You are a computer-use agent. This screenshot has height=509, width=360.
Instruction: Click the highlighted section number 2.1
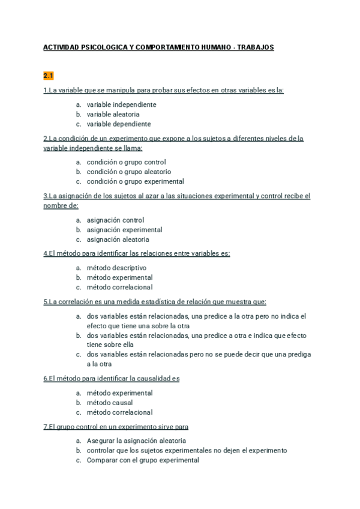pos(49,76)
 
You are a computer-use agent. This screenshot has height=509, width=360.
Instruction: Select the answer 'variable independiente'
pos(121,104)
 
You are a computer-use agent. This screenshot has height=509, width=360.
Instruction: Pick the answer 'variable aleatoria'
pos(113,114)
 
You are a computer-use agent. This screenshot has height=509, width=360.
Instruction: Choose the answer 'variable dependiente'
pos(119,124)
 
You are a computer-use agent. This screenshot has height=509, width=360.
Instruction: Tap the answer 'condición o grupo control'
pos(126,162)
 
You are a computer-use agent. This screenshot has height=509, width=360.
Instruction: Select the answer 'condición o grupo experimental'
pos(135,181)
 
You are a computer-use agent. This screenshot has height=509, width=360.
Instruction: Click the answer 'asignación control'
pos(115,220)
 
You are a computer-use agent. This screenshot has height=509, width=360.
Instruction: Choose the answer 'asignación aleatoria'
pos(118,239)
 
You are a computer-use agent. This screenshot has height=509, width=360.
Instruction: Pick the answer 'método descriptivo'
pos(116,268)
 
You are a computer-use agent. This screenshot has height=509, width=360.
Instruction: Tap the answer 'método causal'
pos(109,403)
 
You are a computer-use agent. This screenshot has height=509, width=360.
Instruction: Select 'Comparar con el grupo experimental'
pos(142,460)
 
